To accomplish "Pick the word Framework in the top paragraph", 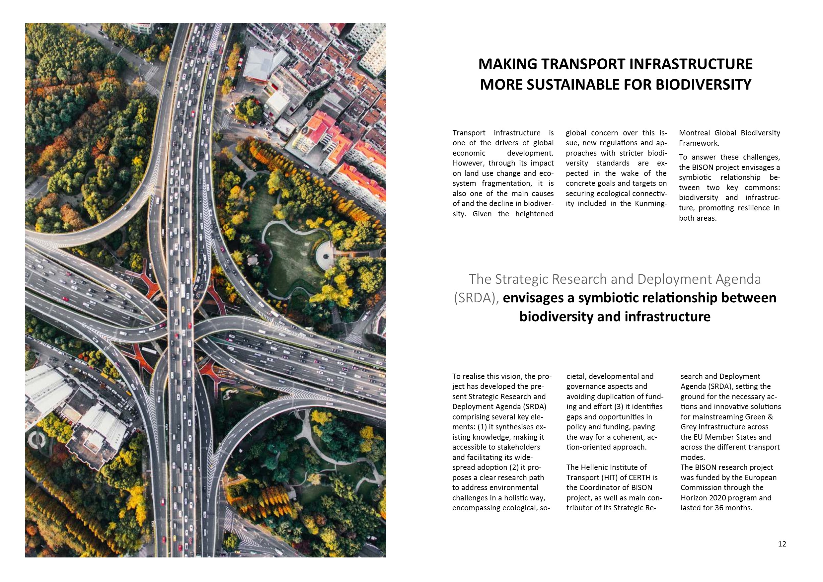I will [697, 143].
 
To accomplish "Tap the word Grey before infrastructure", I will [689, 427].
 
